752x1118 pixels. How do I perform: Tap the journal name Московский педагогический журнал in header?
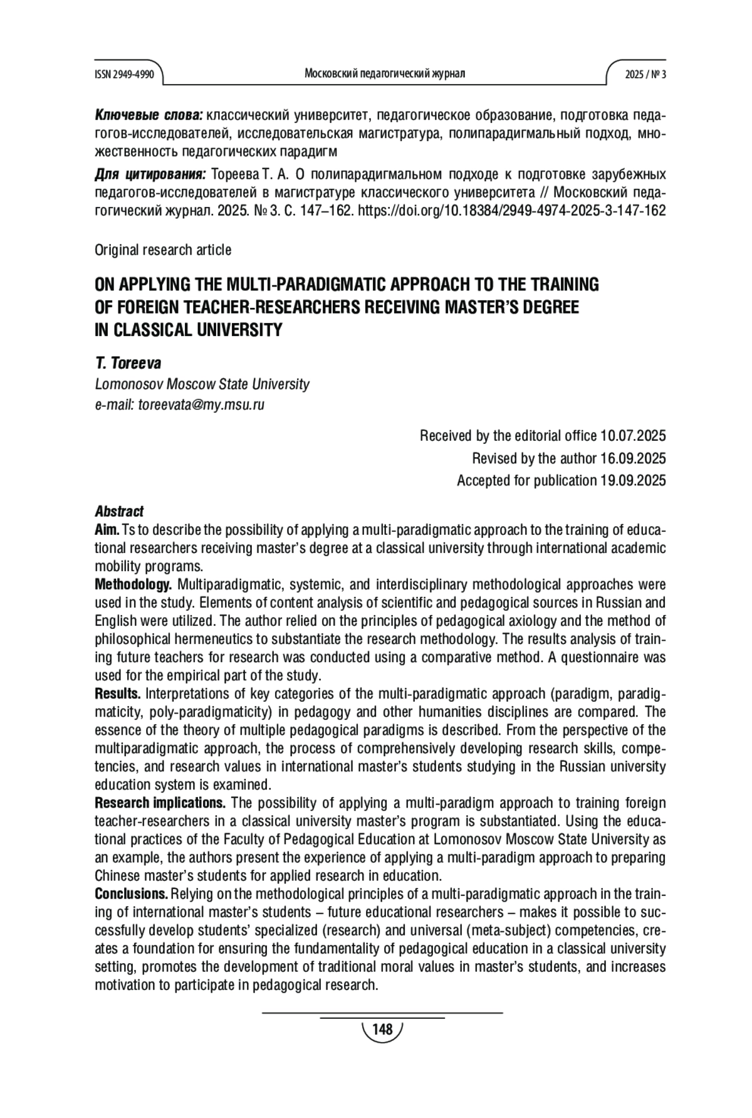point(384,74)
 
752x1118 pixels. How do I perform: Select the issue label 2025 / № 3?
point(645,74)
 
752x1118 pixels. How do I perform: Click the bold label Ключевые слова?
point(149,115)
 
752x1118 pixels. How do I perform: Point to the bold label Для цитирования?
point(150,174)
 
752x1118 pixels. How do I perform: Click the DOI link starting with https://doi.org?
point(511,210)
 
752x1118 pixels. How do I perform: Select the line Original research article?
point(163,250)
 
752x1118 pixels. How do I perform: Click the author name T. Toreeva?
point(128,364)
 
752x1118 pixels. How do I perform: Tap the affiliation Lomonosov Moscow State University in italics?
point(202,384)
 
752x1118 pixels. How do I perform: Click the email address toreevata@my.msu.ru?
point(201,404)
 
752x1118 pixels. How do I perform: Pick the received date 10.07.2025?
point(633,436)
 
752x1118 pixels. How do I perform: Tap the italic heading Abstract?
point(119,512)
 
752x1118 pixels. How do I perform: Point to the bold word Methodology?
point(133,585)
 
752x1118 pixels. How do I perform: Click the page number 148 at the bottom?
point(382,1030)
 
